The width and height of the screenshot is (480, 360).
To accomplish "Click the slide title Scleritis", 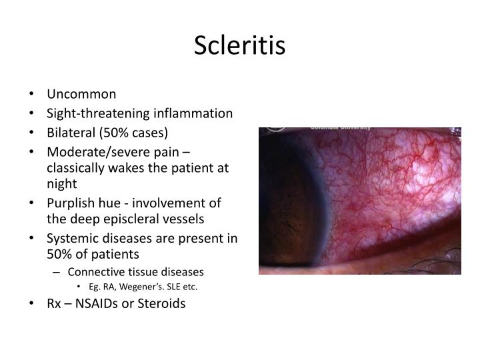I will tap(239, 46).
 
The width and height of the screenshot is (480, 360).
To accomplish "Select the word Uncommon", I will tap(81, 94).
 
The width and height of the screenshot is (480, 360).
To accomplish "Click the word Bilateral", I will tap(69, 132).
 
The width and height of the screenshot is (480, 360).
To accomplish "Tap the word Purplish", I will tap(70, 202).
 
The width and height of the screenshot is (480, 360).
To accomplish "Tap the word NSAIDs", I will tap(101, 304).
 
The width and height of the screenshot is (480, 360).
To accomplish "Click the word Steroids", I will tap(162, 304).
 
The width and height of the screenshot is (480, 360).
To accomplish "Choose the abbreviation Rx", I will tap(55, 304).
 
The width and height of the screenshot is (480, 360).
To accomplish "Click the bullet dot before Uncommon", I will tap(33, 95).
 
